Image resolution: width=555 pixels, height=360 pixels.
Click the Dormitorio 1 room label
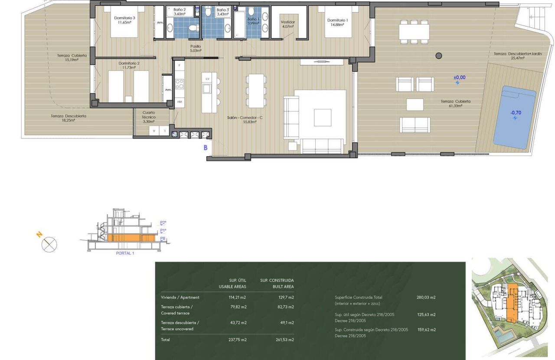[337, 22]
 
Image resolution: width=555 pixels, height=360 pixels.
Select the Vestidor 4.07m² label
[287, 24]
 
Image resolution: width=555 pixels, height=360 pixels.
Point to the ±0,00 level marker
[459, 78]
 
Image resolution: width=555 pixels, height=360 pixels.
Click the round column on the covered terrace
[438, 56]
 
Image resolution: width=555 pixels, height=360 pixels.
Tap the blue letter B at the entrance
[206, 147]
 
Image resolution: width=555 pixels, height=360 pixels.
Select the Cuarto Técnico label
[149, 117]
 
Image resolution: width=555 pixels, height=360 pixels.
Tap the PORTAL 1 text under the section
[125, 253]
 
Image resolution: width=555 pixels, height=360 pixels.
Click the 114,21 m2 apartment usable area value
[237, 297]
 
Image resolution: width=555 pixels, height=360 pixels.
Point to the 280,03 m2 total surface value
[426, 297]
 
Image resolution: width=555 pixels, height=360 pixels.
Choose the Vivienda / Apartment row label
[180, 297]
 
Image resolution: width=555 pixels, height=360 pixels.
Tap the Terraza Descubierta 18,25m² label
[68, 118]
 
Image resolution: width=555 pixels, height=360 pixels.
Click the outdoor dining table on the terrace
[414, 32]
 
